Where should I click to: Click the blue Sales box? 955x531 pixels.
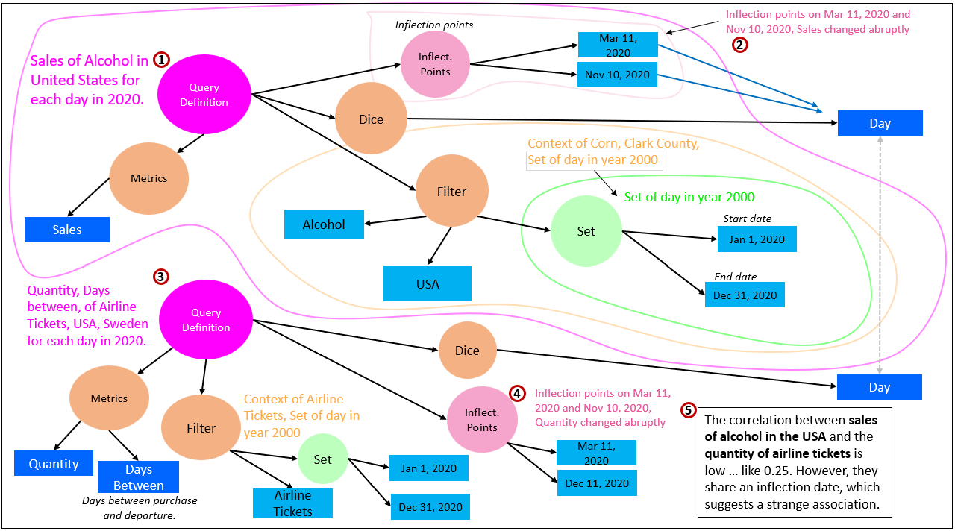[x=67, y=230]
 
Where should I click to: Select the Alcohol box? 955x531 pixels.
[x=324, y=224]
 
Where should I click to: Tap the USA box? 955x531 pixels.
[x=428, y=283]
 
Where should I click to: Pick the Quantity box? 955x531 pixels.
[x=54, y=463]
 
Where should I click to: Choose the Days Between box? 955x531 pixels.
[x=138, y=477]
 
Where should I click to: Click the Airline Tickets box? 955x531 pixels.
[x=292, y=503]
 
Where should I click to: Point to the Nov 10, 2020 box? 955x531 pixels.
[x=617, y=75]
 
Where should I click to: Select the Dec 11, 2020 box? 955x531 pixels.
[x=597, y=483]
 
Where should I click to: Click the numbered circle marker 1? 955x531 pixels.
[x=161, y=60]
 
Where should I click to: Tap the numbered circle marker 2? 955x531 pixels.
[x=739, y=44]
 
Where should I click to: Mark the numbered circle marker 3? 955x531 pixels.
[x=160, y=277]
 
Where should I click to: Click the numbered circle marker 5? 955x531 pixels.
[x=689, y=410]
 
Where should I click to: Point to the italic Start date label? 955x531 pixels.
[x=747, y=219]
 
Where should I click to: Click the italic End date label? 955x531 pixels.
[x=736, y=277]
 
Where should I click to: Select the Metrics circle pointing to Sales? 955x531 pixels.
[x=149, y=178]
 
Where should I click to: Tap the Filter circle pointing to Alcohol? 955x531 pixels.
[x=451, y=192]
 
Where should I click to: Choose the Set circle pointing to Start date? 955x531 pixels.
[x=586, y=231]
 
